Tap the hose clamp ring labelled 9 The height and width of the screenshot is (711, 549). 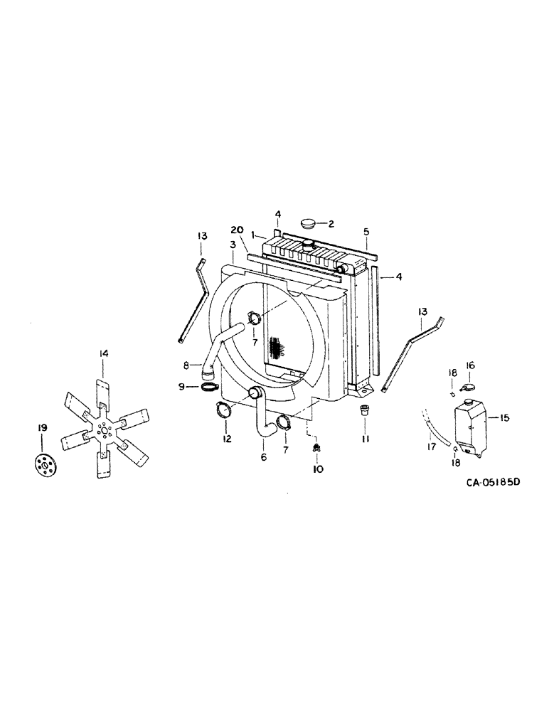coord(208,387)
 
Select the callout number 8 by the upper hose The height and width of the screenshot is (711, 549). coord(186,366)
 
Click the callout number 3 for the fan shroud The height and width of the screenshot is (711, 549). coord(232,245)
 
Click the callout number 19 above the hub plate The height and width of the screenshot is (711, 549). coord(42,427)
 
